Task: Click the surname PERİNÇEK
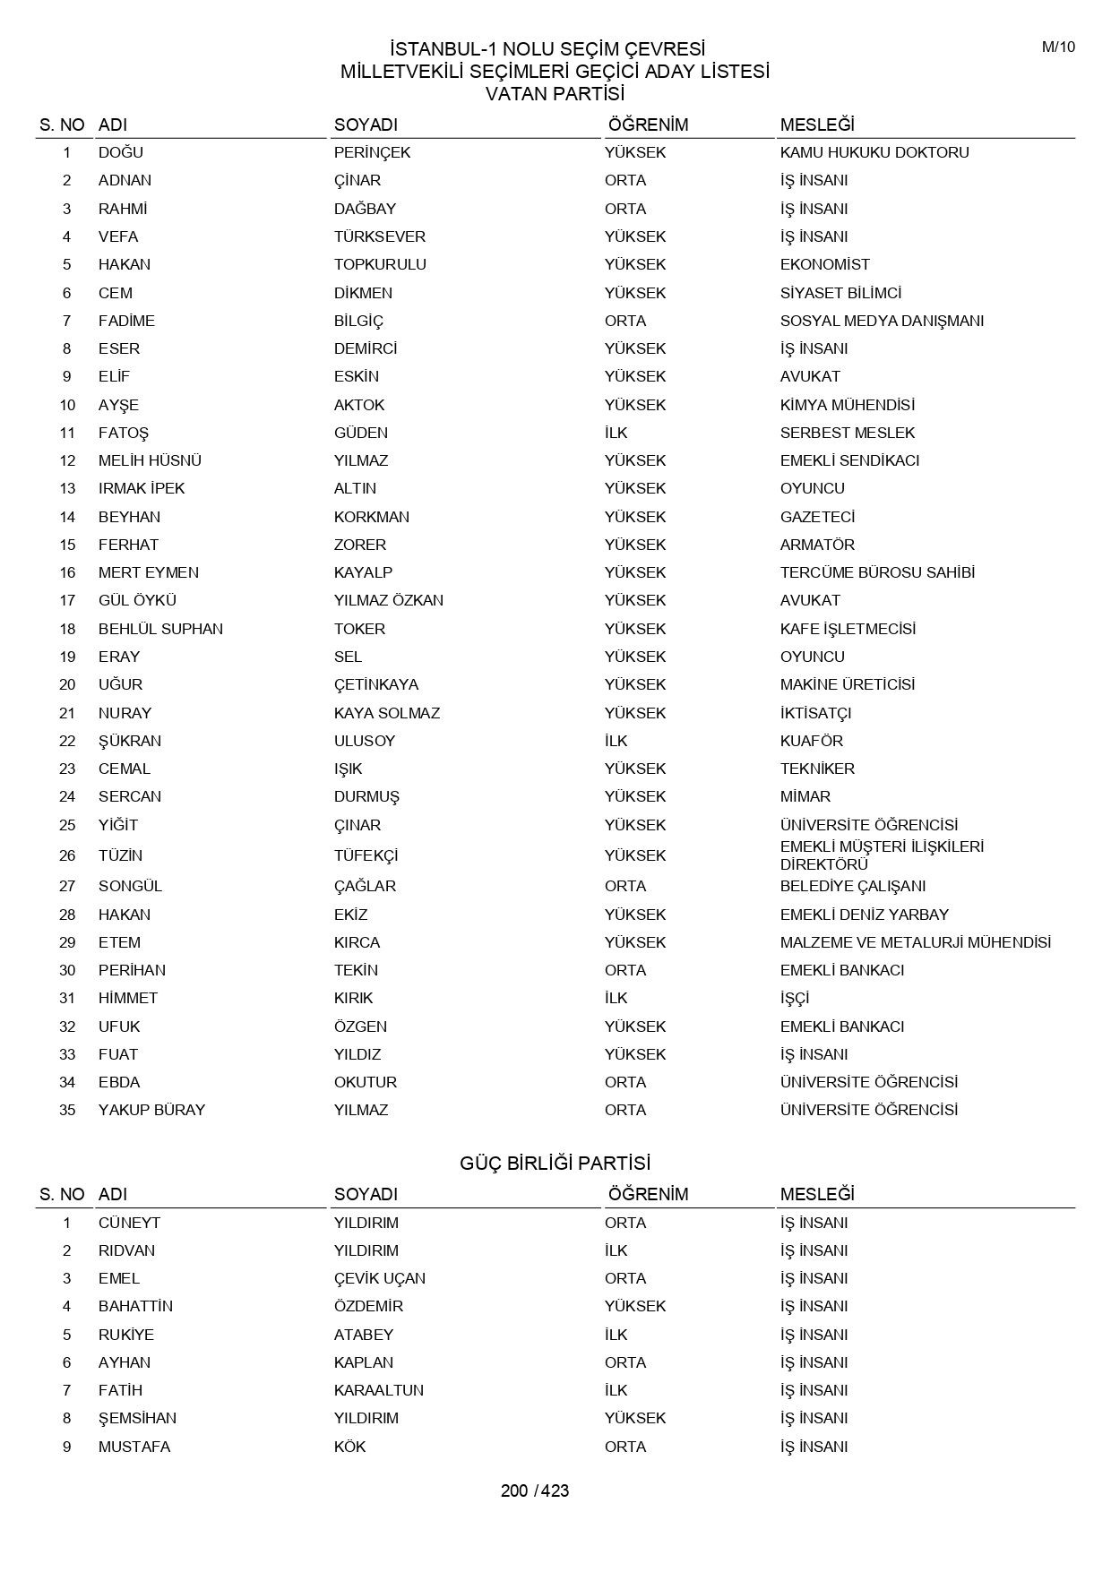click(372, 152)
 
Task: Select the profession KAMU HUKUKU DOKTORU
click(874, 152)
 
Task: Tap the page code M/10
click(1058, 47)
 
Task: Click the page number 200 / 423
click(535, 1490)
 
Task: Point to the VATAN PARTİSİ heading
click(555, 93)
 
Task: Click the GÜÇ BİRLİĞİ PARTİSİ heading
click(555, 1163)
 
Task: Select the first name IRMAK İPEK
click(142, 488)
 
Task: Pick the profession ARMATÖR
click(816, 545)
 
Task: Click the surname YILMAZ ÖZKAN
click(388, 600)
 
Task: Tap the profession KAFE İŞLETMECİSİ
click(848, 629)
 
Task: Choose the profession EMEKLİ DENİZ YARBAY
click(864, 915)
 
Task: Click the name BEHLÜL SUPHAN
click(160, 629)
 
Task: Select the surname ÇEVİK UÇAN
click(379, 1278)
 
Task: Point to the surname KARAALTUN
click(378, 1390)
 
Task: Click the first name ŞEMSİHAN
click(137, 1418)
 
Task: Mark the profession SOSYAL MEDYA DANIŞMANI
click(882, 321)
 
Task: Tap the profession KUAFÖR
click(811, 741)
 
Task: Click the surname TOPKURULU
click(380, 264)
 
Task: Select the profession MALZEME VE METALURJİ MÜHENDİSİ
click(915, 942)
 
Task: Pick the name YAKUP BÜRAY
click(151, 1110)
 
